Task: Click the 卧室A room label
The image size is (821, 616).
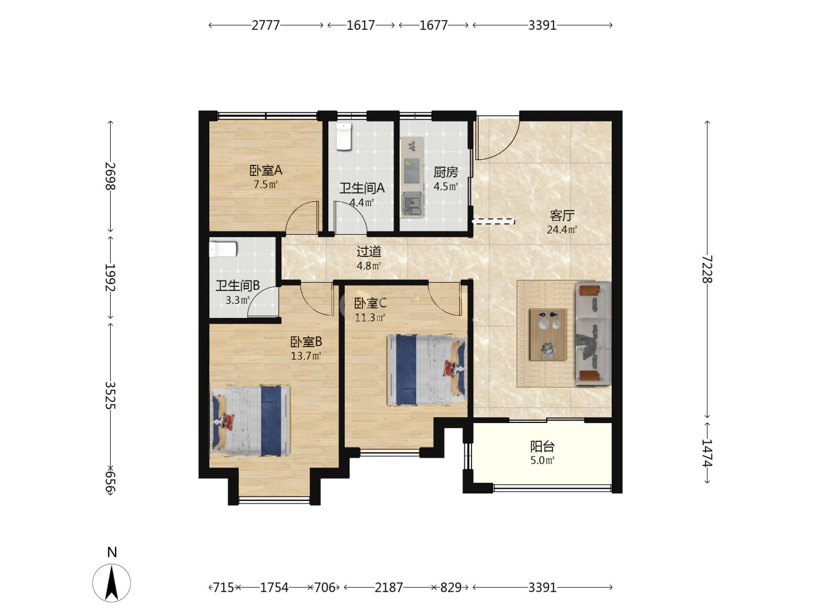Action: tap(266, 171)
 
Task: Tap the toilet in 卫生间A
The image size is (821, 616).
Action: tap(344, 136)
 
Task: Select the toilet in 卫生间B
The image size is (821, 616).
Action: tap(223, 249)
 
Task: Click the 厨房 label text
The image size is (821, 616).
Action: tap(446, 172)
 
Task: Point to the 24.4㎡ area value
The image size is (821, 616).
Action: tap(561, 229)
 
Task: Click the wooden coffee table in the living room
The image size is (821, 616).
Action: tap(548, 334)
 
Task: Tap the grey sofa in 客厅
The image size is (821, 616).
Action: tap(593, 333)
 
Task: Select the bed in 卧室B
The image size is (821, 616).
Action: tap(250, 421)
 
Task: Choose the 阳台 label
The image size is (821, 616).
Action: tap(542, 446)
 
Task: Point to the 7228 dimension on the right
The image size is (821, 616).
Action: tap(707, 269)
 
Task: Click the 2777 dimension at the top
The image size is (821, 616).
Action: tap(266, 25)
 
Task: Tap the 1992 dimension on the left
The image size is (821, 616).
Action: tap(110, 277)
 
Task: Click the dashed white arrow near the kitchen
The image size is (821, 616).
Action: tap(493, 221)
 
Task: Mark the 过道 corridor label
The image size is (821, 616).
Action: tap(369, 252)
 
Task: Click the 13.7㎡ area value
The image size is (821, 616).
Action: tap(306, 356)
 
